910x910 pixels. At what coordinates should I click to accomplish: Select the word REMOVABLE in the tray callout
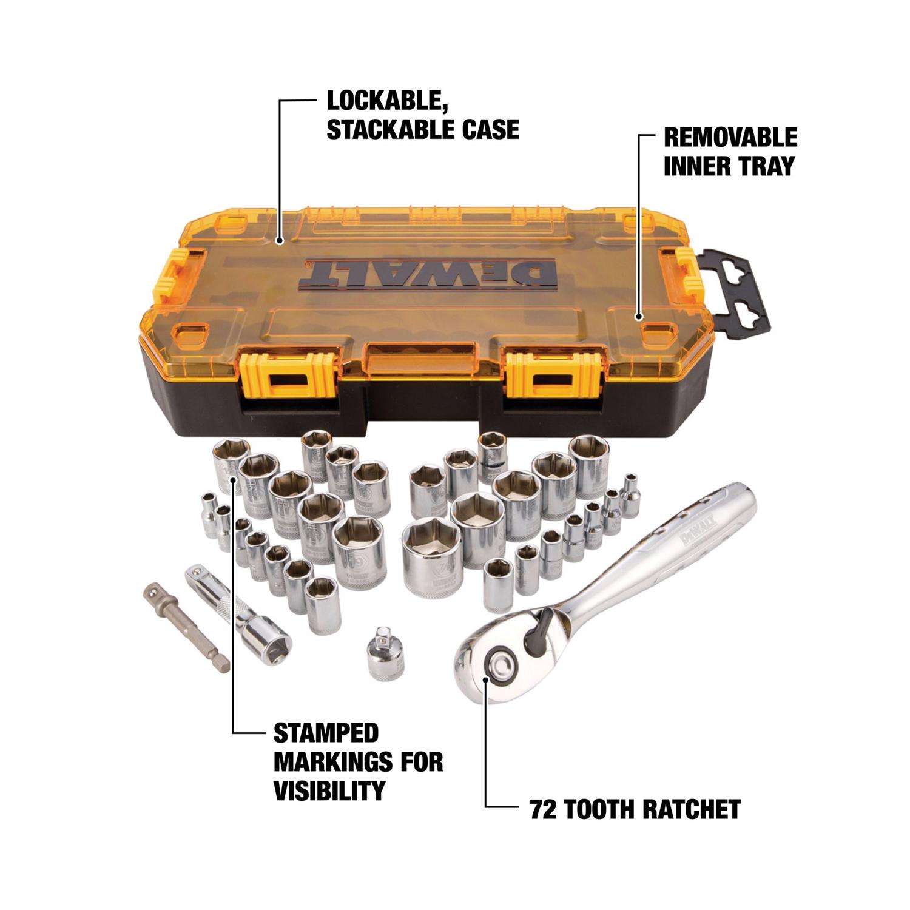[x=730, y=138]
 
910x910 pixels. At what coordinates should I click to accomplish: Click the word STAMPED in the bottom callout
[x=326, y=733]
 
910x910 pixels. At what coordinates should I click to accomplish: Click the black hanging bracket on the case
[x=735, y=292]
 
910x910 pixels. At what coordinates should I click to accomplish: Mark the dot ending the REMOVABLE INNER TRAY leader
[x=638, y=316]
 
